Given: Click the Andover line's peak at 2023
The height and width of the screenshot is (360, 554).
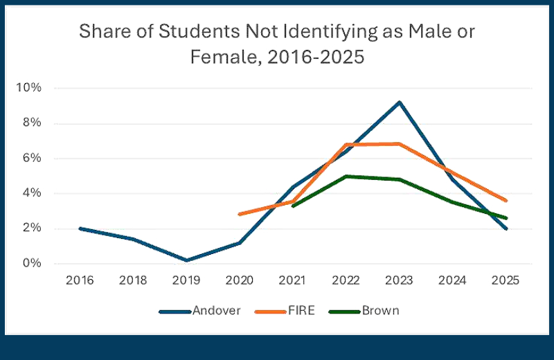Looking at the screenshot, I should [x=399, y=102].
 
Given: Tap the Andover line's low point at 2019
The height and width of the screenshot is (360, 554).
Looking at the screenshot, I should [x=185, y=260].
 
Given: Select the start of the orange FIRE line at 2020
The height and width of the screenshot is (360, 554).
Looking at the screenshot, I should [x=239, y=214].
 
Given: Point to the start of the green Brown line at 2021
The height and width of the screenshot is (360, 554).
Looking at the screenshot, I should [x=292, y=206].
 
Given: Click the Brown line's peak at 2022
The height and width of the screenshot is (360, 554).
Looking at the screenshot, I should [x=346, y=176].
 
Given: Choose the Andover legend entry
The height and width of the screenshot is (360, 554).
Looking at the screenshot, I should [x=200, y=311].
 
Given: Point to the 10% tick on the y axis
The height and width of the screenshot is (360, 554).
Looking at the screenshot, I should [x=32, y=88].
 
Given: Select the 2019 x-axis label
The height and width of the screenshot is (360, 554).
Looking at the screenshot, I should [x=185, y=281].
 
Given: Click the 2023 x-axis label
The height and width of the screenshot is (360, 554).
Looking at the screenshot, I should [x=399, y=281].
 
